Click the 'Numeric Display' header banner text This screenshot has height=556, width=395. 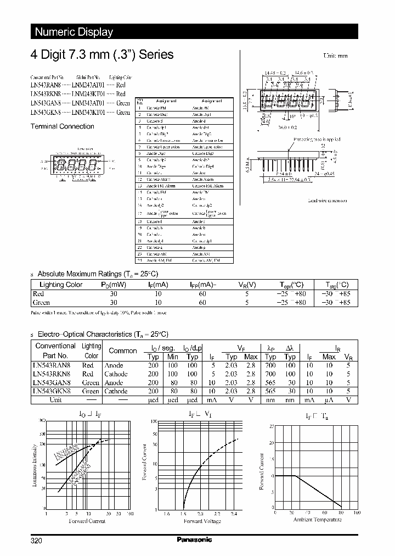(74, 32)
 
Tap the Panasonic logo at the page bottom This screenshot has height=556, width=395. (194, 540)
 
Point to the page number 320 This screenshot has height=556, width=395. (36, 541)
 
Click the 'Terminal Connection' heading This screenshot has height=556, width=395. (61, 126)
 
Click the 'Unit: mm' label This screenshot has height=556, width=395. (335, 56)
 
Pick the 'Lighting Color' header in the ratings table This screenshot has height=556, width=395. (61, 285)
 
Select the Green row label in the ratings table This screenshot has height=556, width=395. (42, 302)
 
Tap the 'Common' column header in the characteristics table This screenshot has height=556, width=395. (123, 351)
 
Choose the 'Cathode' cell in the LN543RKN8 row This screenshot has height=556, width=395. (116, 374)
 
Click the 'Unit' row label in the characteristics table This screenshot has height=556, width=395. (55, 400)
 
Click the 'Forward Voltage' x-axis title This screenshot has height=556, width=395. (203, 521)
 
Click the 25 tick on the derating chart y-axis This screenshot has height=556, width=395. (271, 426)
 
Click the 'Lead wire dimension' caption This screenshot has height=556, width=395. (328, 201)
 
